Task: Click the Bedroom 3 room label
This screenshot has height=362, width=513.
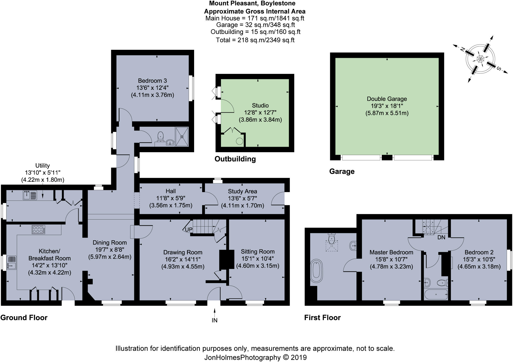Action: tap(152, 81)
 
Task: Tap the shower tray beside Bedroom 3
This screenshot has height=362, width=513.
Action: tap(182, 136)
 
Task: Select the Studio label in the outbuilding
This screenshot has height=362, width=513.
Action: tap(260, 105)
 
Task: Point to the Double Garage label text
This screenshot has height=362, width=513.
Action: tap(387, 99)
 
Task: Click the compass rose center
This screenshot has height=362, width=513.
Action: tap(480, 59)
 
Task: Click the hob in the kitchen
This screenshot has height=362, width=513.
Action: tap(39, 229)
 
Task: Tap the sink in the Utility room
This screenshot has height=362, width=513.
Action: tap(30, 195)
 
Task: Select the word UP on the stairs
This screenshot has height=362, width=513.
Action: tap(189, 230)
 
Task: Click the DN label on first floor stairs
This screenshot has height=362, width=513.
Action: tap(441, 237)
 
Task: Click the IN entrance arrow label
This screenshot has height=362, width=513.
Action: tap(214, 320)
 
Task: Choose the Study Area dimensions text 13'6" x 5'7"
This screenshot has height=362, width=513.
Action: tap(242, 199)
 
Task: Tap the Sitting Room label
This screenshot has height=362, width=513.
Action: tap(258, 252)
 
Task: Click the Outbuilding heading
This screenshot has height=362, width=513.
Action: tap(235, 159)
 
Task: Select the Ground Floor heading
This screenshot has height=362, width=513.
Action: tap(24, 318)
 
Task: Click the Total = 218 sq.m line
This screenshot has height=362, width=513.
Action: tap(255, 40)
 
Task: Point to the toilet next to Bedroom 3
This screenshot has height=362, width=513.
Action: tap(161, 136)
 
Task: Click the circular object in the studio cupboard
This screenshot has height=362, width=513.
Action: tap(239, 141)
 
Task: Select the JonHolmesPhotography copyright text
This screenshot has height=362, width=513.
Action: tap(255, 357)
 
